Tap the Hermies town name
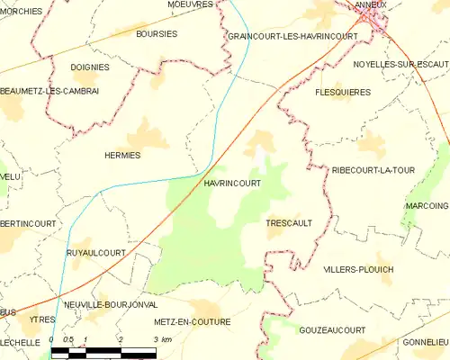pos(122,155)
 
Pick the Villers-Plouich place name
pos(357,269)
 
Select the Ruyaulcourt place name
pos(95,253)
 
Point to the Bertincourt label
pos(28,223)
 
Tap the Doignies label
pos(89,67)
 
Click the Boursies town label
pos(156,34)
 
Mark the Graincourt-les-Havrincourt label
pos(292,36)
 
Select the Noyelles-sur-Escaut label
pos(400,65)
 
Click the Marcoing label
pos(426,205)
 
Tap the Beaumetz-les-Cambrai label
pos(49,91)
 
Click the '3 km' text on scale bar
pos(162,339)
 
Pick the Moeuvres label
pos(190,4)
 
